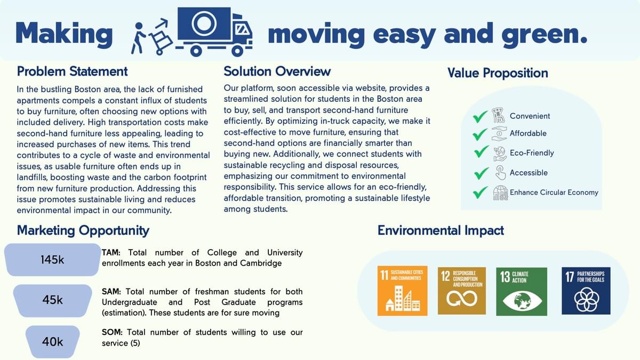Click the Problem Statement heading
72,71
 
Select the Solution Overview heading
277,71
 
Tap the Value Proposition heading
498,73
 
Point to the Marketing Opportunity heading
83,230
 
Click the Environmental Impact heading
441,230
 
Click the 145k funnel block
53,260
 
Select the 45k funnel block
53,300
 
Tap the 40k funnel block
53,342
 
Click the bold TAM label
111,253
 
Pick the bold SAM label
111,291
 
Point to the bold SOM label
112,332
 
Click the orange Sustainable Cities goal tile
402,291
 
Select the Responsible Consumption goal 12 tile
462,291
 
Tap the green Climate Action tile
522,291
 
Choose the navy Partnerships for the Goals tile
586,291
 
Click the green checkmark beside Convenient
480,117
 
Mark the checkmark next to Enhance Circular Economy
481,193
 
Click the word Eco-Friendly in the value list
532,153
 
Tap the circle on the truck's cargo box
204,23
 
